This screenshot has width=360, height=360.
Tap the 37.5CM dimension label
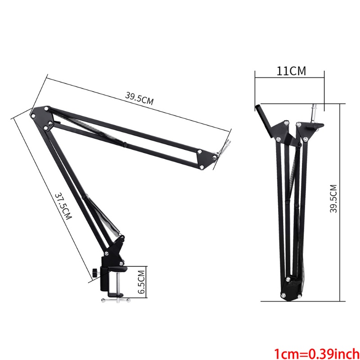point(63,207)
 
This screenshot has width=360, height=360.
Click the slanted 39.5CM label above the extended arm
point(139,98)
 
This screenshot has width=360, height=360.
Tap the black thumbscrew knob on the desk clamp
point(95,273)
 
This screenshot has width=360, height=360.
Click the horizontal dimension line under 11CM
point(289,77)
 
